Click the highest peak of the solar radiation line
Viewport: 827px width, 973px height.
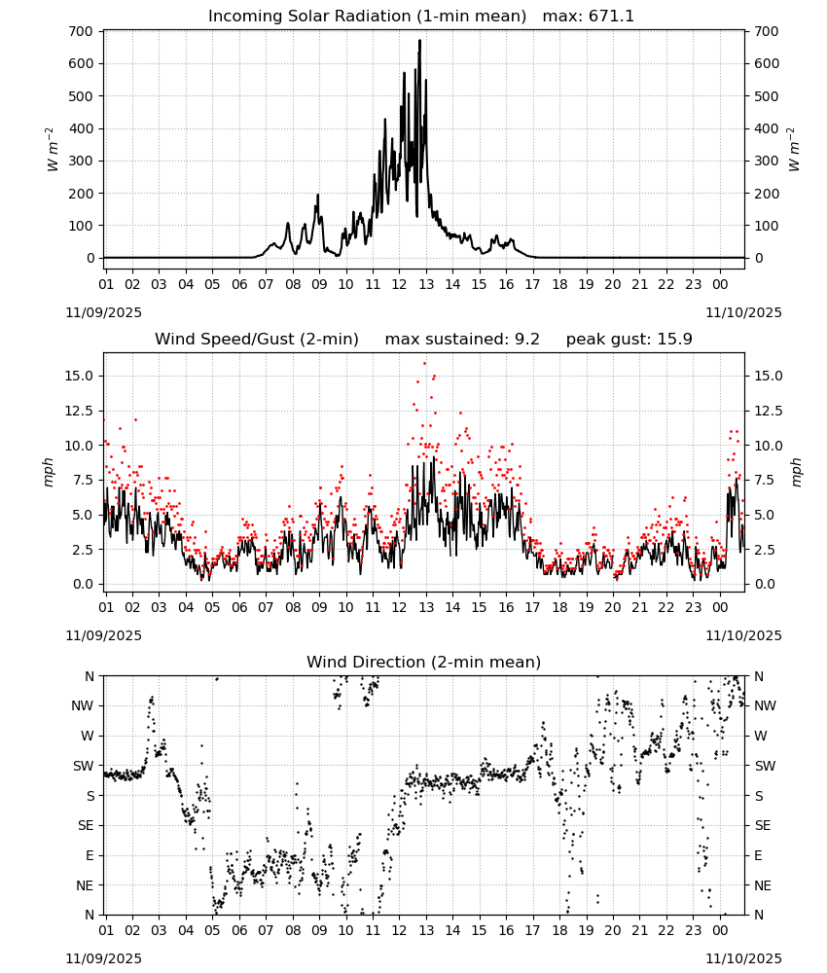pos(419,41)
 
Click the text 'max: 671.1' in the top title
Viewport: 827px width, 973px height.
pos(589,16)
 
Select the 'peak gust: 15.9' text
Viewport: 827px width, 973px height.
pos(629,339)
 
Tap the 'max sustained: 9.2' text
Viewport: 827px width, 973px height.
pos(462,339)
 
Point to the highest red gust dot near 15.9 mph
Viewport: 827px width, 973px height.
pos(425,364)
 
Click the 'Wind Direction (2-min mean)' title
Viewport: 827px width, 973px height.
pos(424,662)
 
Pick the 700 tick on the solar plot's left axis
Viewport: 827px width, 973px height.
pos(82,31)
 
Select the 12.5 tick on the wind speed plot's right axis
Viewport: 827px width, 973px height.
pos(768,411)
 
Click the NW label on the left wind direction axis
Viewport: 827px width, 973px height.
pos(83,705)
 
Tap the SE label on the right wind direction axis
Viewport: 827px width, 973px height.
pos(763,825)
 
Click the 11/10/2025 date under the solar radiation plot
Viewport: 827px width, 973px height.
pos(743,312)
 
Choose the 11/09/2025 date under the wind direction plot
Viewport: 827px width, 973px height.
pos(103,958)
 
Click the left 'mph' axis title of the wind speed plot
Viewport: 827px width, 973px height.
pos(49,472)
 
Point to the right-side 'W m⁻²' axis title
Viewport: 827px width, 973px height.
pos(794,149)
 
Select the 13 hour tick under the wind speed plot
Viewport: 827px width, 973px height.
pos(425,607)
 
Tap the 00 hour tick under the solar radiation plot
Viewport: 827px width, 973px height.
pos(720,284)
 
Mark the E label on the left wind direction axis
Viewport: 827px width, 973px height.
pos(90,855)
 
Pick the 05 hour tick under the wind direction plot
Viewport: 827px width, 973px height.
pos(212,931)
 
